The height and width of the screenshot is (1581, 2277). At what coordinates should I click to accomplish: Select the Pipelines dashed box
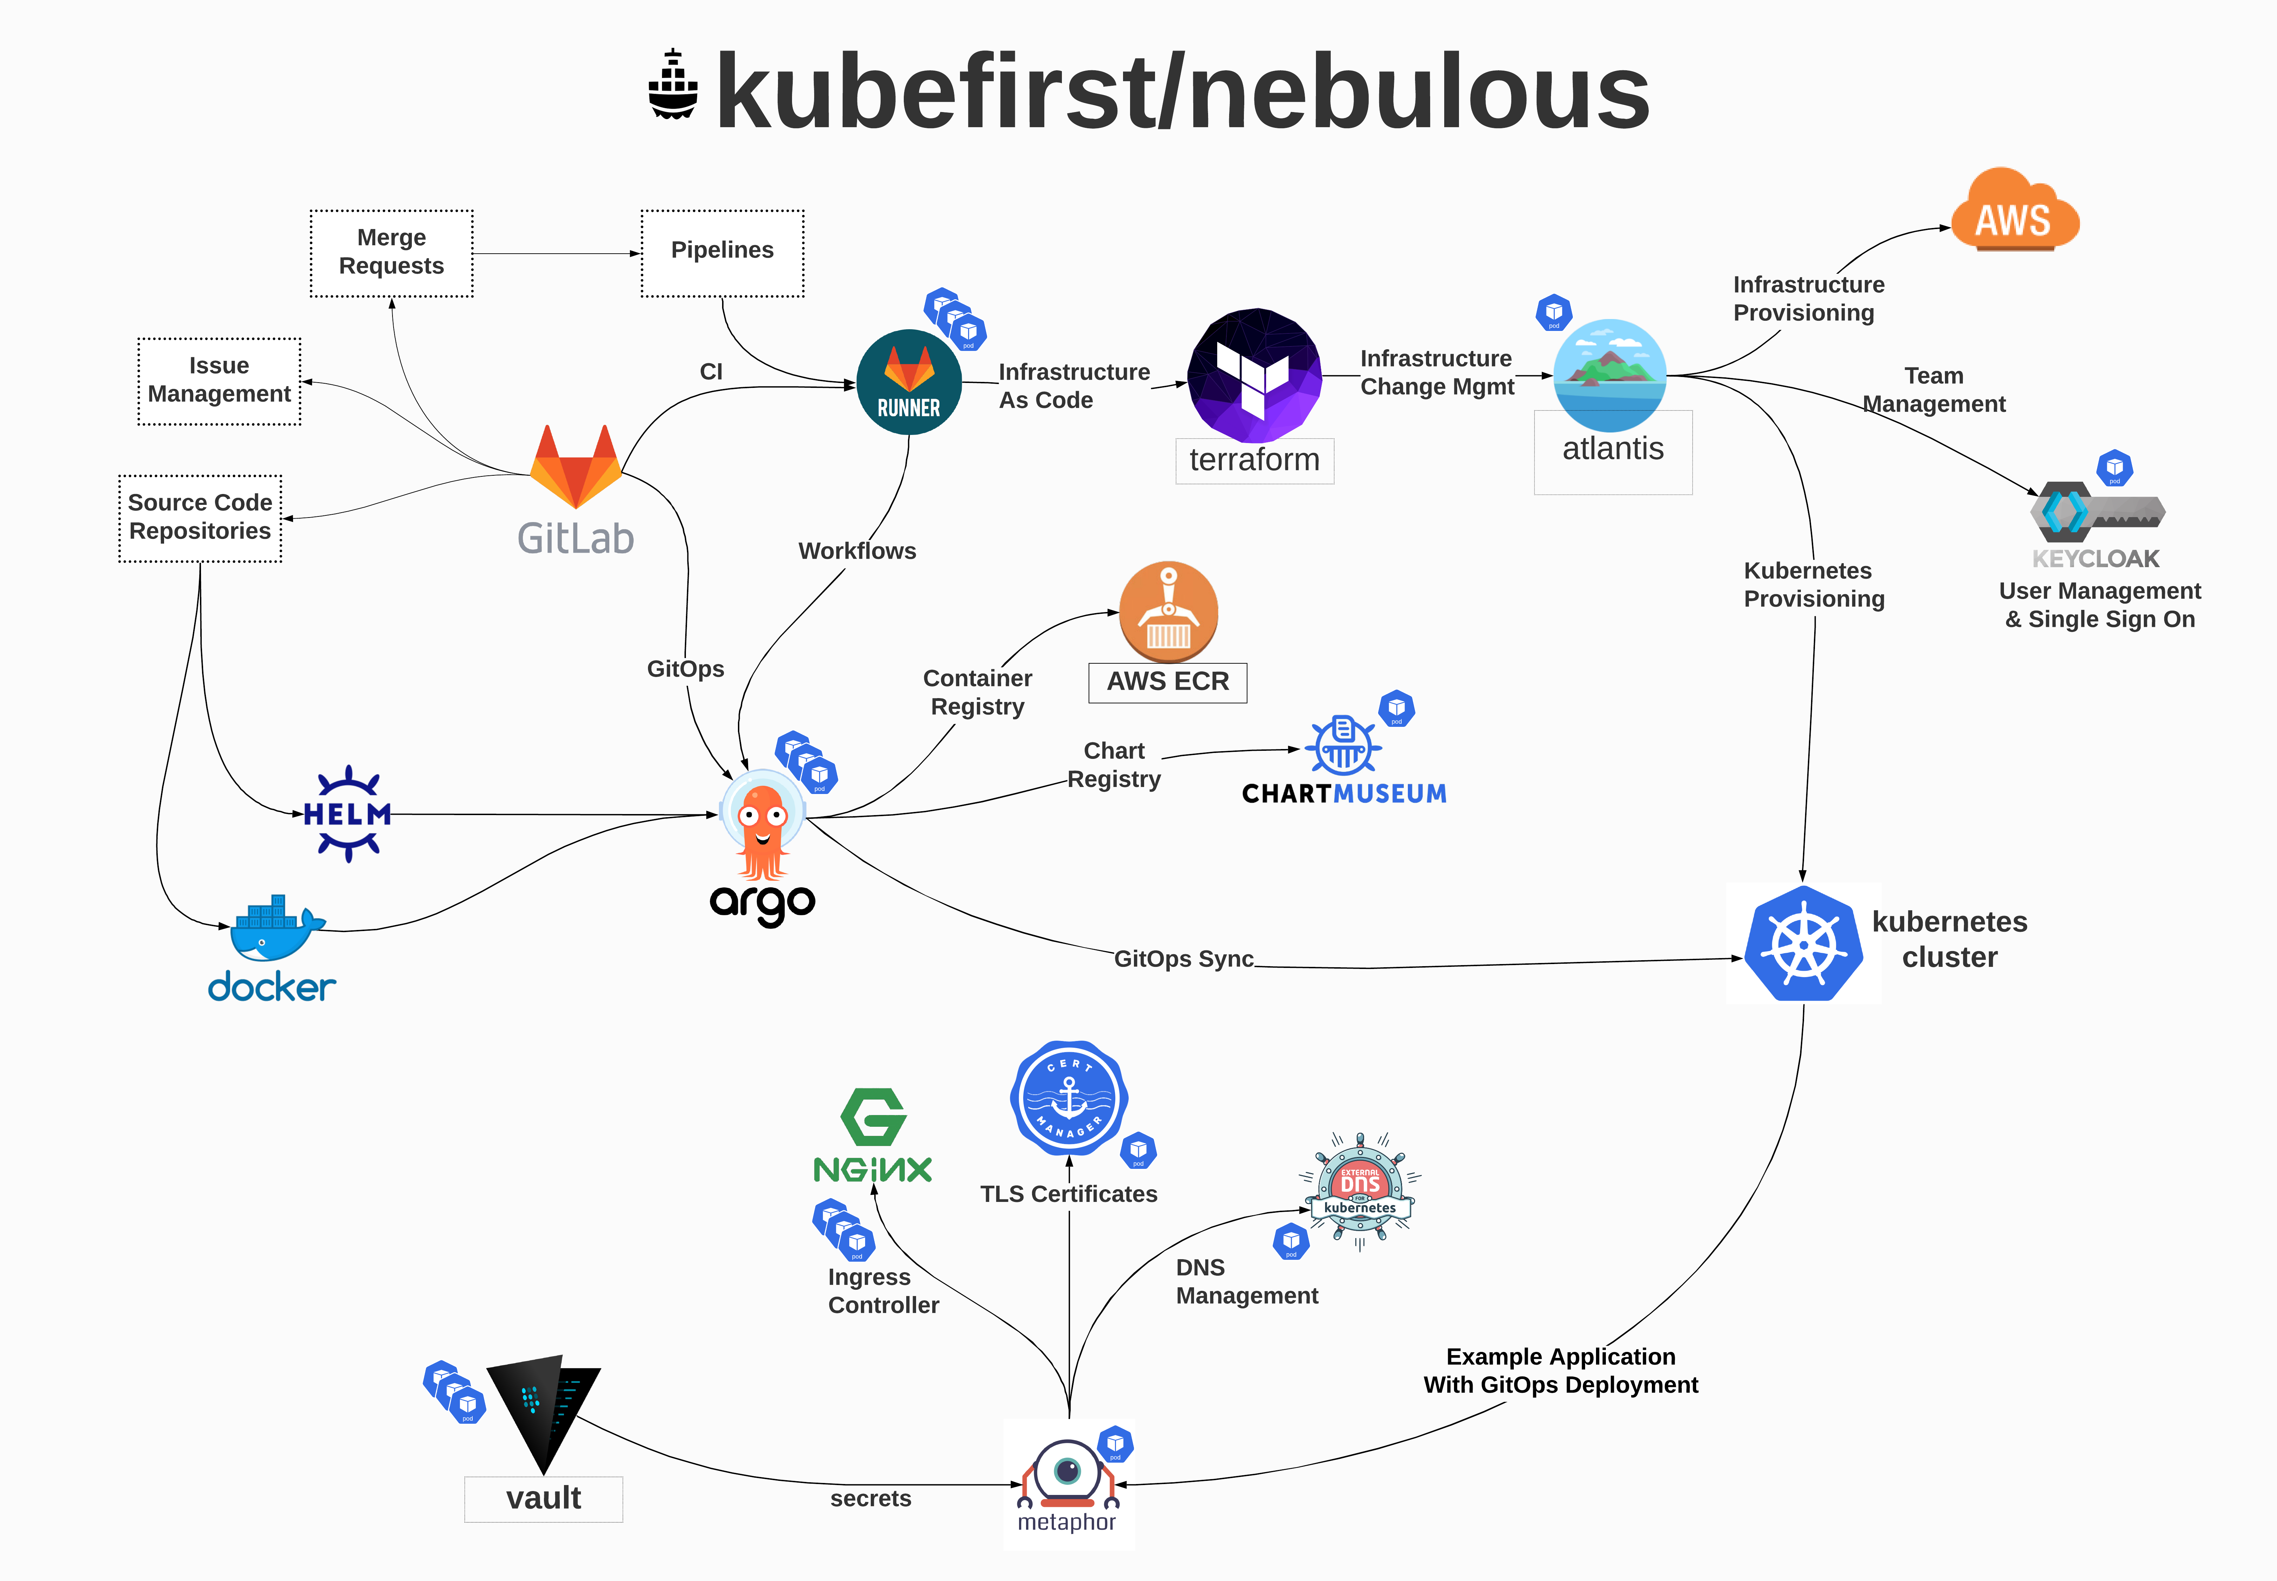pyautogui.click(x=722, y=253)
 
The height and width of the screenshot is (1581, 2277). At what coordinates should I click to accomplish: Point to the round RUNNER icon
pyautogui.click(x=909, y=382)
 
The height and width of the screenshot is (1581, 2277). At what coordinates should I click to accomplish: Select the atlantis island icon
pyautogui.click(x=1610, y=375)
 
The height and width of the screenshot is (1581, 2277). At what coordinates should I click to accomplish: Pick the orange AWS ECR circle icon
pyautogui.click(x=1168, y=611)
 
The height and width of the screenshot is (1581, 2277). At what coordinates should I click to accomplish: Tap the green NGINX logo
pyautogui.click(x=873, y=1136)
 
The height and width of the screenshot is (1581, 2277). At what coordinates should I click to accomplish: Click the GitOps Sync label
pyautogui.click(x=1184, y=959)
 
